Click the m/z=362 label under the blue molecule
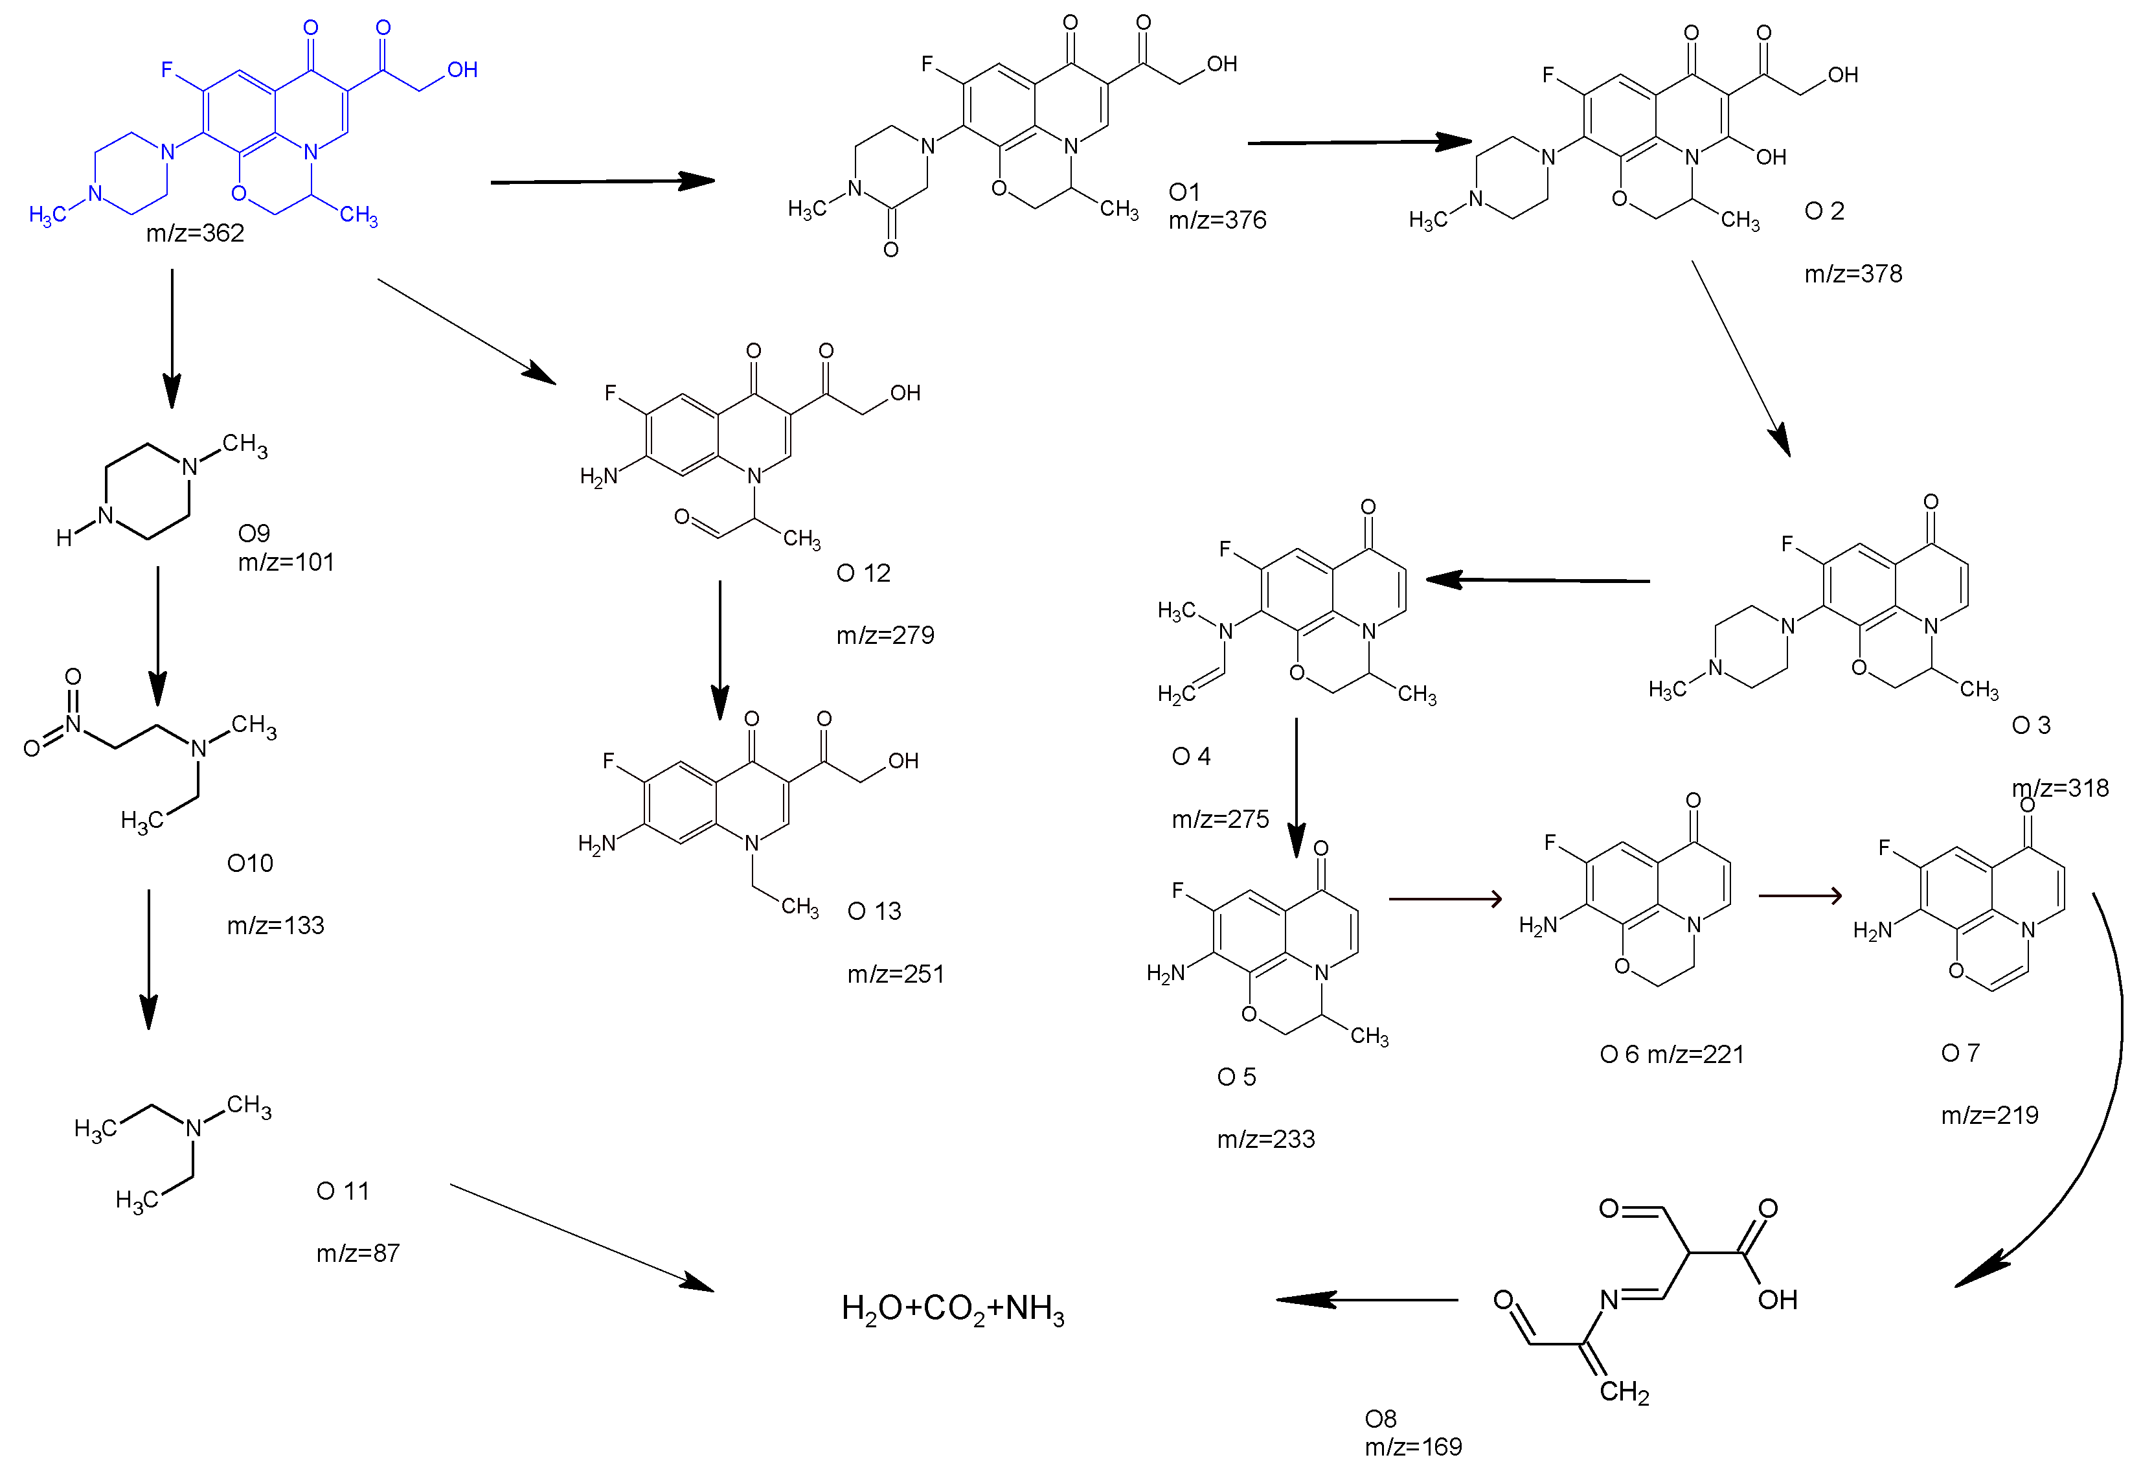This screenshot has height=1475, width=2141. point(195,233)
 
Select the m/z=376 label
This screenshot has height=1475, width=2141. point(1217,220)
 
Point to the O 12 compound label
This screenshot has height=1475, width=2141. point(863,573)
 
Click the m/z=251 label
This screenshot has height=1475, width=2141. point(896,974)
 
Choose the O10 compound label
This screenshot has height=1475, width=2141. point(249,863)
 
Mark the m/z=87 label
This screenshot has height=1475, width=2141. point(357,1253)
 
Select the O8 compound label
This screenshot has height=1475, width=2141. point(1381,1419)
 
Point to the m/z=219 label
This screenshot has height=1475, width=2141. point(1989,1115)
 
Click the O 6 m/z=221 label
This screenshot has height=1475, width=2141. point(1671,1055)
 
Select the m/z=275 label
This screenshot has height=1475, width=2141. point(1219,819)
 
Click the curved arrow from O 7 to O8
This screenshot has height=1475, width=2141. point(2098,1109)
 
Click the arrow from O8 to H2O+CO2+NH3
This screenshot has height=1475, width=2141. point(1368,1299)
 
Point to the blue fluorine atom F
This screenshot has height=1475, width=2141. point(167,69)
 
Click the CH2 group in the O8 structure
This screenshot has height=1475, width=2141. point(1624,1392)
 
